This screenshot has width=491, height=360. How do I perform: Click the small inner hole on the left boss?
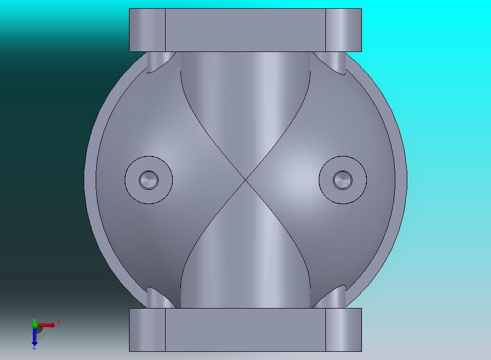coord(148,179)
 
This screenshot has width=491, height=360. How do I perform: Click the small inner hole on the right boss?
coord(343,179)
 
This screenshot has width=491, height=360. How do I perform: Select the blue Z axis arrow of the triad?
coord(34,336)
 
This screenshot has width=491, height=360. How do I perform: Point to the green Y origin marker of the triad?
coord(34,323)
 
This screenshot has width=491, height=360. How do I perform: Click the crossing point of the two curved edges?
coord(245,179)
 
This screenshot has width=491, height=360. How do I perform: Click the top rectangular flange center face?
coord(245,30)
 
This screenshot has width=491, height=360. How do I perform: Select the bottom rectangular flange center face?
coord(245,329)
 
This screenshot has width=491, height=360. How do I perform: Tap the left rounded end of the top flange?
coord(147,30)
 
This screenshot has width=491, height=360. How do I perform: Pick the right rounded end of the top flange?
coord(343,30)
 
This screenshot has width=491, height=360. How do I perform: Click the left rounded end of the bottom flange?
coord(147,329)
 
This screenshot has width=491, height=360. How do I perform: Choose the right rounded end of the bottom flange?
coord(343,329)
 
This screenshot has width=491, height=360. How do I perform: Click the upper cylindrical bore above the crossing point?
coord(245,98)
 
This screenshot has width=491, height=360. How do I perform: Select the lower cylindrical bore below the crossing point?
coord(245,263)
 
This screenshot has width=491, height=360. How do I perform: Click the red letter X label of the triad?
coord(58,323)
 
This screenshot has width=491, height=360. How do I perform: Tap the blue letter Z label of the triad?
coord(34,347)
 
